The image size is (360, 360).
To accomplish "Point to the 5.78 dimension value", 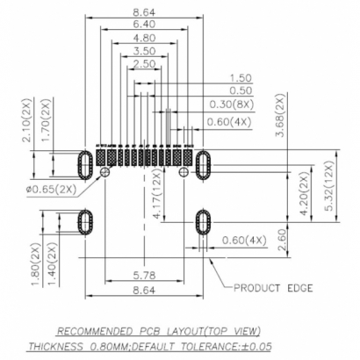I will tap(144, 275).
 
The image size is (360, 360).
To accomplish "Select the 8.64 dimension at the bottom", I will tap(144, 289).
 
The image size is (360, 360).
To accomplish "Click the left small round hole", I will tap(105, 174).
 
